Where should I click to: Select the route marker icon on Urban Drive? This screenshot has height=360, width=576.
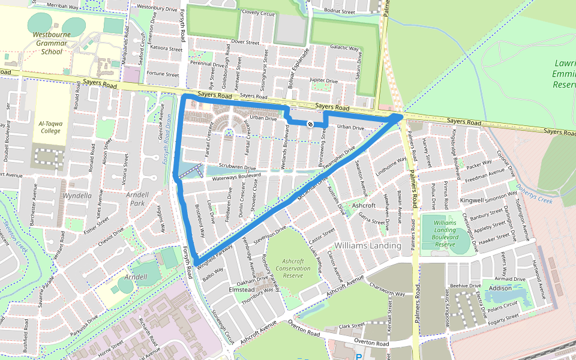pos(310,124)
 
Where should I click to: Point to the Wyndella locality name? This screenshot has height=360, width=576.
pos(77,196)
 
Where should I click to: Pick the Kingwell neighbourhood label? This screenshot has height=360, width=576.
pos(471,200)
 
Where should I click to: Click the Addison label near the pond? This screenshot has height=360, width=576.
pos(500,288)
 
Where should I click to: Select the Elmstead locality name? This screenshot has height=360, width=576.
pos(242,290)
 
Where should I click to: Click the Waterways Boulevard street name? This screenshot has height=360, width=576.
pos(236,176)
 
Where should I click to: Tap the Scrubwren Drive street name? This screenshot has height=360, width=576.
pos(237,167)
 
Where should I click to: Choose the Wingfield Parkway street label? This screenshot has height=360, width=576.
pos(214,254)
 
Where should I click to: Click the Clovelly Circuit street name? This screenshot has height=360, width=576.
pos(257,13)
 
